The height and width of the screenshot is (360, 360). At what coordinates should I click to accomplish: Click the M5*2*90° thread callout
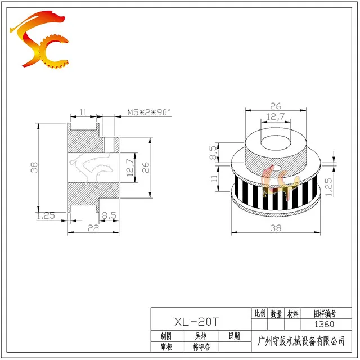(149, 112)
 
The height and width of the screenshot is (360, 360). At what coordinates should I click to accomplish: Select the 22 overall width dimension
(93, 228)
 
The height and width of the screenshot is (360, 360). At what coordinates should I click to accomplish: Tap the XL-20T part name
(197, 322)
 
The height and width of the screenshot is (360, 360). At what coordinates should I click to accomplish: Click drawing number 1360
(324, 324)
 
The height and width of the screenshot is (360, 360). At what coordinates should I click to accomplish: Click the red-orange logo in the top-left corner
(39, 39)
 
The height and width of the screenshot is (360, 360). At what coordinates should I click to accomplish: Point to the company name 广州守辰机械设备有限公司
(301, 341)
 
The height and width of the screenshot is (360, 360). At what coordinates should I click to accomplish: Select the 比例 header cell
(260, 313)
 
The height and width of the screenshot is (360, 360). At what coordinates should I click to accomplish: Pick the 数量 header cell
(276, 314)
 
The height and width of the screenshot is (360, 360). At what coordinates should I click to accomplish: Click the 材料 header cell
(293, 314)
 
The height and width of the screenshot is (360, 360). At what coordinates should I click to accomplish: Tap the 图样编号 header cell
(325, 314)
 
